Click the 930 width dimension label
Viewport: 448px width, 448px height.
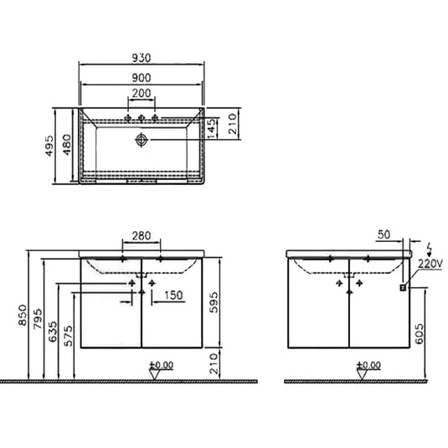tap(142, 58)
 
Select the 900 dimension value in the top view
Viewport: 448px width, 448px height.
tap(142, 78)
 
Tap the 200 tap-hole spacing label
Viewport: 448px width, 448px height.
tap(142, 93)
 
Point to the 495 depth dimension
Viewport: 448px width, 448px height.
tap(49, 146)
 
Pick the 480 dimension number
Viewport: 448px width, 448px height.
tap(66, 145)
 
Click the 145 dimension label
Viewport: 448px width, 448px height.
tap(211, 129)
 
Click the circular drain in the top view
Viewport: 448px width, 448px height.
tap(142, 140)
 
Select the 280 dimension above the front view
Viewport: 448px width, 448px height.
tap(142, 236)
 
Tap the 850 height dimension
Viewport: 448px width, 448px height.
tap(23, 315)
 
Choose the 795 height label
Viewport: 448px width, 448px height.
tap(37, 319)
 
